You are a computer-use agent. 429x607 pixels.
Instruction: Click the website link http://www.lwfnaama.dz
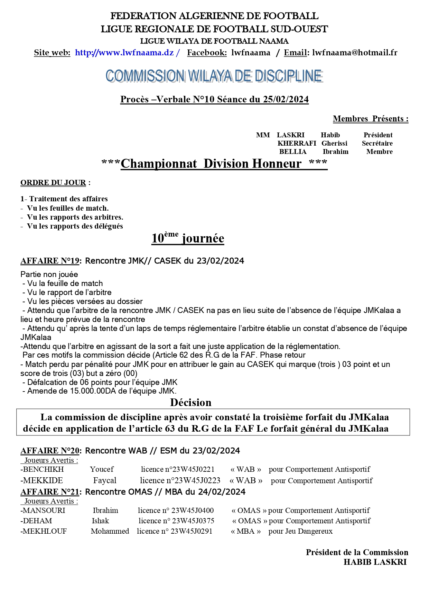tap(124, 53)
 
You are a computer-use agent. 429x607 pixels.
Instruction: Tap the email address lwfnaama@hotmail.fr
tap(355, 53)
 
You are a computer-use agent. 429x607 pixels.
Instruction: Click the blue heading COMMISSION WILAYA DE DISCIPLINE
tap(214, 76)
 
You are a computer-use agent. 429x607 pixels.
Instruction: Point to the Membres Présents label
tap(370, 119)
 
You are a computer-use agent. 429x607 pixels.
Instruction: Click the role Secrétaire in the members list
tap(377, 144)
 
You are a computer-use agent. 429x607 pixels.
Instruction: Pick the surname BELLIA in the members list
tap(293, 152)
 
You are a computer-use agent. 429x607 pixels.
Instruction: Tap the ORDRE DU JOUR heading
tap(53, 183)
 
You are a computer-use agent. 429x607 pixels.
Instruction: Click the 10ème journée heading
tap(188, 238)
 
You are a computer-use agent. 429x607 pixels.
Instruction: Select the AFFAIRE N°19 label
tap(50, 261)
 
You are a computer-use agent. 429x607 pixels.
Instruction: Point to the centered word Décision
tap(191, 403)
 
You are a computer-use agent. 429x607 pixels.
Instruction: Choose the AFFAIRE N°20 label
tap(50, 451)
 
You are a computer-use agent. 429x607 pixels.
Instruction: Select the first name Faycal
tap(105, 481)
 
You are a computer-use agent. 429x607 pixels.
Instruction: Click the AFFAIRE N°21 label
tap(50, 492)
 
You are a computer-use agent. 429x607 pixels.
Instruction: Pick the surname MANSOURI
tap(44, 511)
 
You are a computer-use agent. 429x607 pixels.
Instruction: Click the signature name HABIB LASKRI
tap(375, 562)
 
